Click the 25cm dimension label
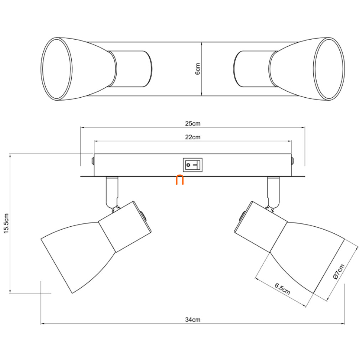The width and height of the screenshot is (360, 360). [192, 124]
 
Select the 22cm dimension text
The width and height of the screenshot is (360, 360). [192, 137]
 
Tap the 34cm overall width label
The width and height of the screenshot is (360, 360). [192, 320]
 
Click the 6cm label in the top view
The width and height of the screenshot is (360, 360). [198, 69]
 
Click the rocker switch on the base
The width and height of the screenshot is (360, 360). [192, 165]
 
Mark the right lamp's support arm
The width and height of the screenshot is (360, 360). [273, 192]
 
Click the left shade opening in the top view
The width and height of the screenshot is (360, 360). [57, 69]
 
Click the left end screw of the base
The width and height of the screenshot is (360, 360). [93, 161]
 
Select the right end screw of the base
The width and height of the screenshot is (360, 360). [293, 161]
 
